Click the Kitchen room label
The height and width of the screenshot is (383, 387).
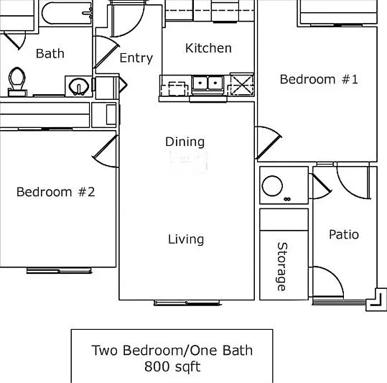click(208, 48)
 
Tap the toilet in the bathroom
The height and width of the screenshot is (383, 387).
click(17, 81)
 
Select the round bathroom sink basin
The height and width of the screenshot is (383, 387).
click(79, 86)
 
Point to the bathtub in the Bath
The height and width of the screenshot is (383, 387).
click(67, 14)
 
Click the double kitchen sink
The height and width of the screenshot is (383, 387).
click(208, 83)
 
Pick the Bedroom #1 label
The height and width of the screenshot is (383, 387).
click(319, 80)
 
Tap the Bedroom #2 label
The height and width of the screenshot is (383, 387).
click(55, 192)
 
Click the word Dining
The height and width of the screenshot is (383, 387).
click(185, 142)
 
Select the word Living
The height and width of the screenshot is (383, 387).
click(186, 239)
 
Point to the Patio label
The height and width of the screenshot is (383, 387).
click(344, 234)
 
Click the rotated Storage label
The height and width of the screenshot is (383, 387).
click(282, 267)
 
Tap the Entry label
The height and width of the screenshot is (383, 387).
click(136, 58)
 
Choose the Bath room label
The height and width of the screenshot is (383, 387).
click(50, 54)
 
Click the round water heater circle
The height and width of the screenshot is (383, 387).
click(272, 186)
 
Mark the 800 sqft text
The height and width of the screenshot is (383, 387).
click(172, 366)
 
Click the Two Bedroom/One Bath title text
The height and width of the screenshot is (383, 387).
click(172, 351)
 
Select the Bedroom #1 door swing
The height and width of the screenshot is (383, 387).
click(269, 143)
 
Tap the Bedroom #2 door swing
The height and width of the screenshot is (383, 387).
click(106, 151)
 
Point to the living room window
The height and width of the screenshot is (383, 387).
click(187, 303)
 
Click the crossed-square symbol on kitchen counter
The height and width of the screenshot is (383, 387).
click(242, 84)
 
